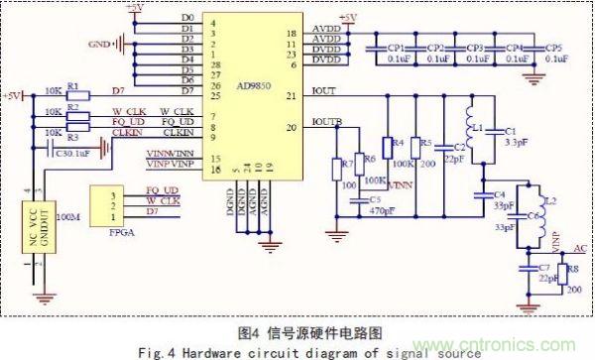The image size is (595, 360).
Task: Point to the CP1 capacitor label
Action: [x=396, y=47]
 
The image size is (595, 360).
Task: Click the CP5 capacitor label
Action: [x=550, y=47]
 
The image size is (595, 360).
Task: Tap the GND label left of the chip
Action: [x=100, y=44]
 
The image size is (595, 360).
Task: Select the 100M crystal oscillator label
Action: [x=70, y=214]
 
